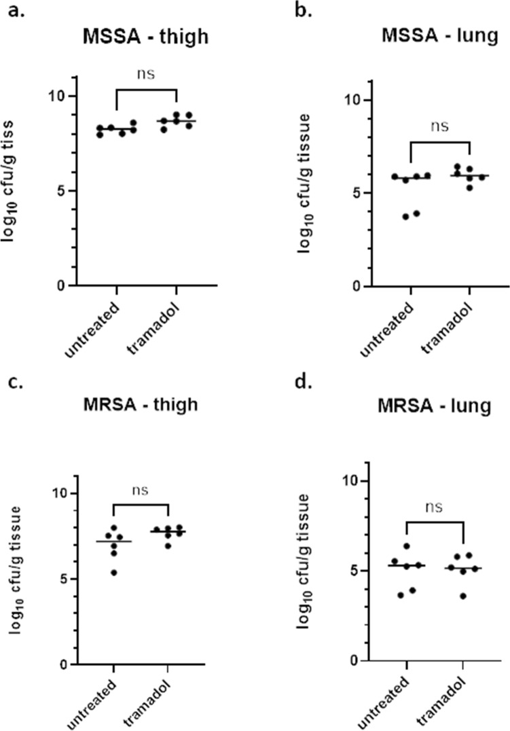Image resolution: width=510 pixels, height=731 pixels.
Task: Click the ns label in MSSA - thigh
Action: (146, 74)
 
